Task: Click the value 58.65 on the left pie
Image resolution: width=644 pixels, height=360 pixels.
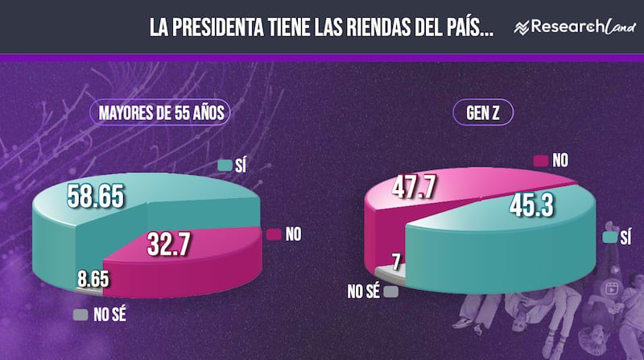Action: pyautogui.click(x=95, y=197)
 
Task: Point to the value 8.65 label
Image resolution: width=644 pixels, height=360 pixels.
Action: pyautogui.click(x=93, y=282)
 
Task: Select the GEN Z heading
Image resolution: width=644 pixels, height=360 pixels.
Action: pyautogui.click(x=484, y=114)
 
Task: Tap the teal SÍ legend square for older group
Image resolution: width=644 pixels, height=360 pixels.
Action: pyautogui.click(x=225, y=166)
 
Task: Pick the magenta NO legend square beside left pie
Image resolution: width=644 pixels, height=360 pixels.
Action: pyautogui.click(x=273, y=234)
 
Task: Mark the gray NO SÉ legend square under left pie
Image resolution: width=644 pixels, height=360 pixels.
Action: pyautogui.click(x=80, y=315)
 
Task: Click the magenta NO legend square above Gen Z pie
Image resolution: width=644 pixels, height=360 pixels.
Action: pyautogui.click(x=539, y=161)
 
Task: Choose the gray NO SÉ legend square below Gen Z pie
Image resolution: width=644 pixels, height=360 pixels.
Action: pyautogui.click(x=390, y=292)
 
